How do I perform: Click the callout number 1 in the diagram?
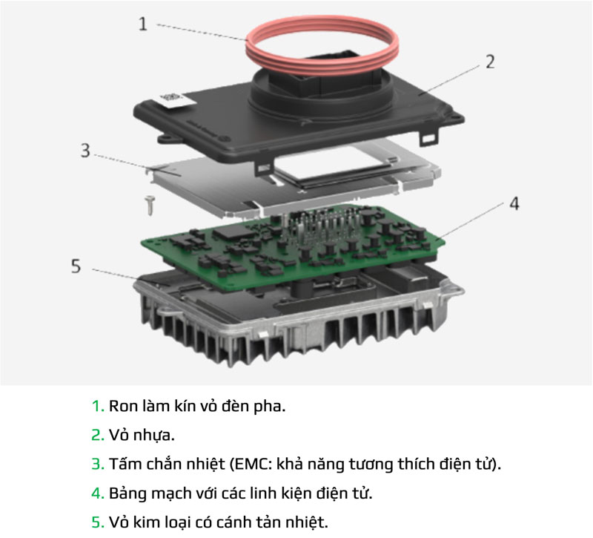(144, 23)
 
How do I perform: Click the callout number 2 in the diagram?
(489, 61)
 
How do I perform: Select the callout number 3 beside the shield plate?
(85, 151)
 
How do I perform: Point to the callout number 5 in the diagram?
(76, 266)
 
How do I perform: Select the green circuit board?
(222, 245)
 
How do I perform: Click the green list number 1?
(96, 407)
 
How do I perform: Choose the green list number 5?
(97, 522)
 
